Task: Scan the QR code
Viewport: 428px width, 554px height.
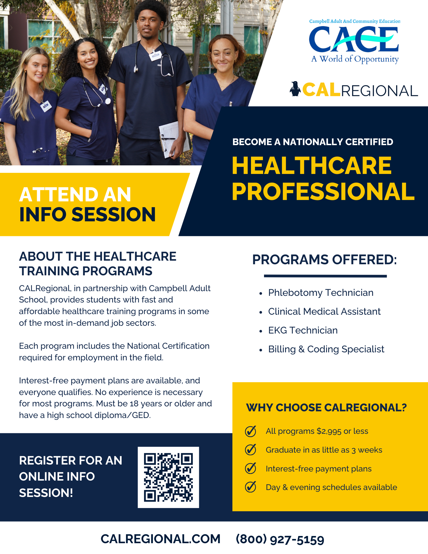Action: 168,477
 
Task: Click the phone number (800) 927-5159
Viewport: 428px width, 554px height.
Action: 280,539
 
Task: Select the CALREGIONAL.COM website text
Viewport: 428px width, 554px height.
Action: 160,539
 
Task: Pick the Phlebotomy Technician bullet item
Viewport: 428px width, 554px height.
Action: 321,293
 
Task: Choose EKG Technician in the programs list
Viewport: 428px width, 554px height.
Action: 303,330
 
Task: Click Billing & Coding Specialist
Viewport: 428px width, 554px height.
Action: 326,349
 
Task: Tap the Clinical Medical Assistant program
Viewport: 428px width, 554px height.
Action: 324,311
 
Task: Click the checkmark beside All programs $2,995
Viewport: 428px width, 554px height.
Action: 250,431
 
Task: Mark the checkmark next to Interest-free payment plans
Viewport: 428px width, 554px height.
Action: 250,468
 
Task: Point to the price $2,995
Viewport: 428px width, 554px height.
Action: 329,431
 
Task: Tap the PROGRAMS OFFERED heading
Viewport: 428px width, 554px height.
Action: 324,260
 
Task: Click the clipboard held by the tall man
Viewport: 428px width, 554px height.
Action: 172,139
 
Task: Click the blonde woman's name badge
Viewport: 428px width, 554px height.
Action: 46,106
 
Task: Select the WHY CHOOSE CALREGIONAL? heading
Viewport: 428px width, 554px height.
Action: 326,407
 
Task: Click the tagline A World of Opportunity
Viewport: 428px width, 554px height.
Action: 355,59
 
